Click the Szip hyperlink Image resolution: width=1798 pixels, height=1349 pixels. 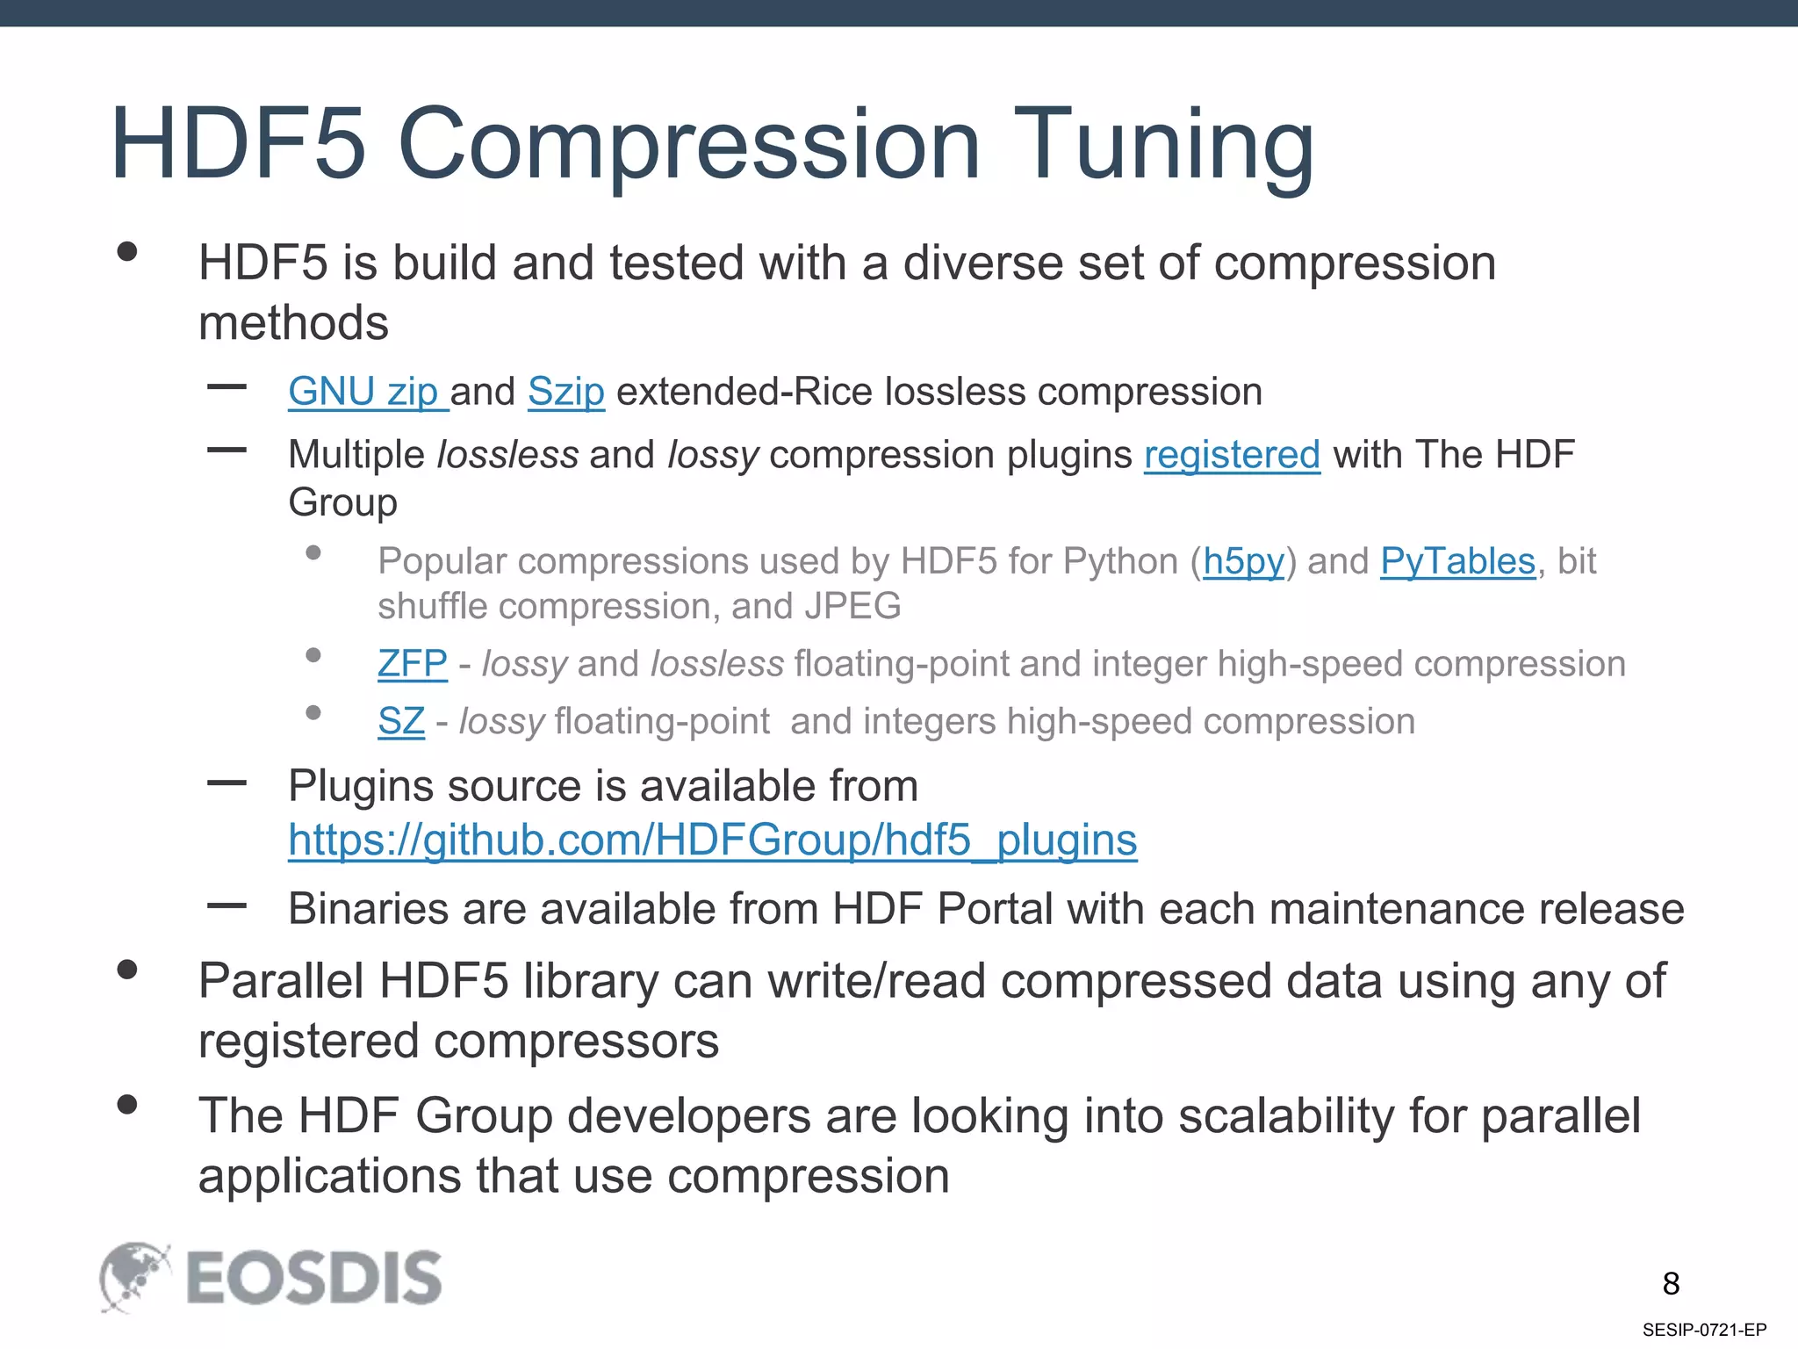(x=565, y=392)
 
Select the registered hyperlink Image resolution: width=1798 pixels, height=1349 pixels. (x=1231, y=455)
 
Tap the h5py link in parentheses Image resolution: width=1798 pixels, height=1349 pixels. (x=1243, y=561)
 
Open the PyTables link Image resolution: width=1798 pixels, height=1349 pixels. (x=1457, y=561)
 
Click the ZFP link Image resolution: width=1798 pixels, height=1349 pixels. (x=412, y=664)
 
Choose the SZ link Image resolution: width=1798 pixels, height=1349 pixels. (x=401, y=722)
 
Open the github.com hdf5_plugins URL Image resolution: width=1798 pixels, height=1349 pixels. (x=712, y=840)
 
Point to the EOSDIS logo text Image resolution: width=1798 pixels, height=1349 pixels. (x=313, y=1279)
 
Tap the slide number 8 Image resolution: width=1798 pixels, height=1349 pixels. (x=1671, y=1284)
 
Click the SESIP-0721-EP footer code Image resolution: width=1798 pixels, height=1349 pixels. (x=1704, y=1330)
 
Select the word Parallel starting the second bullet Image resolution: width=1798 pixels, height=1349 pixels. (x=280, y=981)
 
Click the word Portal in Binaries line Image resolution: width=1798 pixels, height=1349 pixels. (x=994, y=909)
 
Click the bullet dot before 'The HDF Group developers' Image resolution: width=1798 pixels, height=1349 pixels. (x=127, y=1104)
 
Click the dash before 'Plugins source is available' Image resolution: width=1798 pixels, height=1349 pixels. (x=227, y=783)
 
